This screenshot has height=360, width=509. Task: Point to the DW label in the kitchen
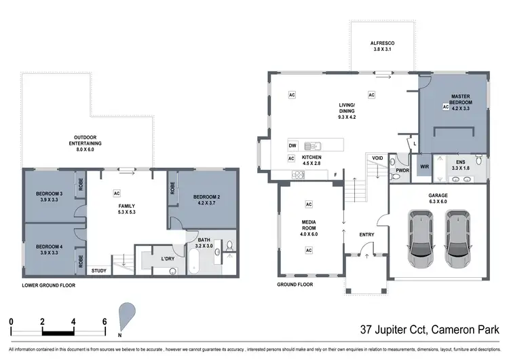[293, 145]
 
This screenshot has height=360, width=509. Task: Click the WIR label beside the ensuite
[425, 166]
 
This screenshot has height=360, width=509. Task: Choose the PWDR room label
[402, 171]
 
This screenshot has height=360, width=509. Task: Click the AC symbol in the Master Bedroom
[446, 107]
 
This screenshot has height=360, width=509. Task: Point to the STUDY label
[99, 270]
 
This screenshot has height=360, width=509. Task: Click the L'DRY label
[167, 259]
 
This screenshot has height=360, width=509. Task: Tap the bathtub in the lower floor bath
[194, 262]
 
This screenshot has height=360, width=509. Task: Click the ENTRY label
[366, 235]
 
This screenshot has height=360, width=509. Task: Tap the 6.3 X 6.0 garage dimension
[437, 201]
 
